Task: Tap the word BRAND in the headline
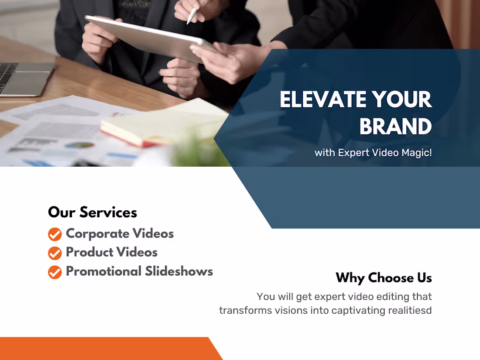pos(395,127)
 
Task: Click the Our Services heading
pos(93,213)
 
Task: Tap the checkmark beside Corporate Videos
pos(55,234)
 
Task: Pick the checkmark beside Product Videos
pos(55,253)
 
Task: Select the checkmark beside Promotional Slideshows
pos(55,272)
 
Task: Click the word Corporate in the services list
pos(97,234)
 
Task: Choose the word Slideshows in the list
pos(179,271)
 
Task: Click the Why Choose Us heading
pos(384,278)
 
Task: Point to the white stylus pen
pos(192,15)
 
